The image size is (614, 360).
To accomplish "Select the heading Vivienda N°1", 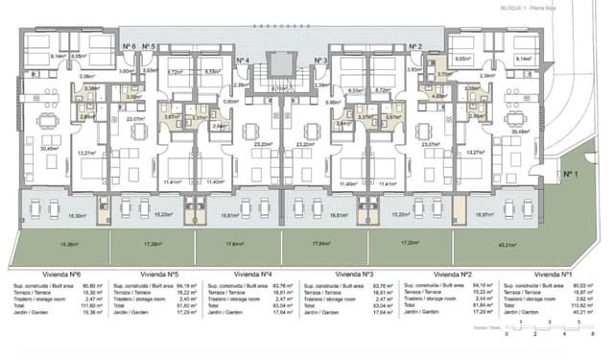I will tap(556, 273).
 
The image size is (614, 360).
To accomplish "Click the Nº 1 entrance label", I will tap(573, 174).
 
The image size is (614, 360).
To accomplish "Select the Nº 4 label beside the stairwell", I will tap(243, 61).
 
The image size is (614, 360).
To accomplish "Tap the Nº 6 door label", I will tap(128, 46).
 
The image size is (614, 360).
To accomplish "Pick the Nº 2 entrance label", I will tap(414, 46).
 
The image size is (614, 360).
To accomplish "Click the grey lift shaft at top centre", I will tap(278, 63).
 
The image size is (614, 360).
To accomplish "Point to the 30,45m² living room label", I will tap(49, 148).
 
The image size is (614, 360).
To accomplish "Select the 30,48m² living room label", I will tap(521, 132).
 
